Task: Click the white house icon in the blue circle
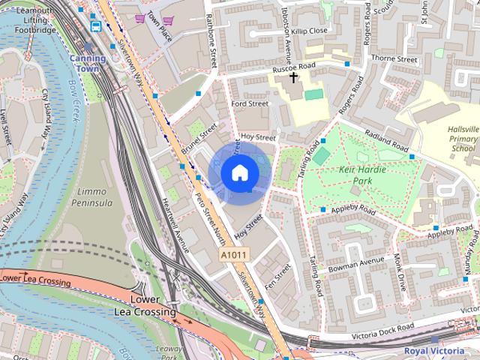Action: [239, 172]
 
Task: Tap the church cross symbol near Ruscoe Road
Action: [293, 76]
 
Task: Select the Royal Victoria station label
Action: [433, 350]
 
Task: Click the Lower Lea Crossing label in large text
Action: [145, 306]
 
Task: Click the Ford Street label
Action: [250, 104]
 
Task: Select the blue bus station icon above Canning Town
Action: [96, 26]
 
